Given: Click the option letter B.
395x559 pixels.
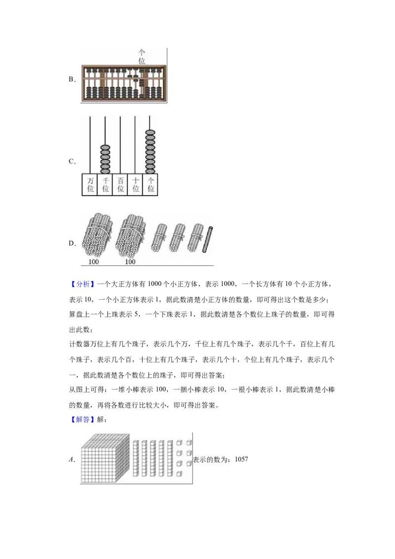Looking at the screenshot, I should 71,80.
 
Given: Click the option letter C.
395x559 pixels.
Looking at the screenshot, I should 71,161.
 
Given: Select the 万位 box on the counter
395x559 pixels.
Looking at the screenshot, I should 89,185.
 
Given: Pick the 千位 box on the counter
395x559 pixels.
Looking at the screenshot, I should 105,185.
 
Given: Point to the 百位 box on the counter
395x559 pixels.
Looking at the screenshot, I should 120,185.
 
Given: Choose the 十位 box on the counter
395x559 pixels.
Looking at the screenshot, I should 135,185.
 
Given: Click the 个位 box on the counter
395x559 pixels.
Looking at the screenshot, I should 151,185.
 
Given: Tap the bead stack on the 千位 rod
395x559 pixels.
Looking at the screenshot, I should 105,159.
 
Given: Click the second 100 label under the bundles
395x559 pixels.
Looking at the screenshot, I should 130,262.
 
